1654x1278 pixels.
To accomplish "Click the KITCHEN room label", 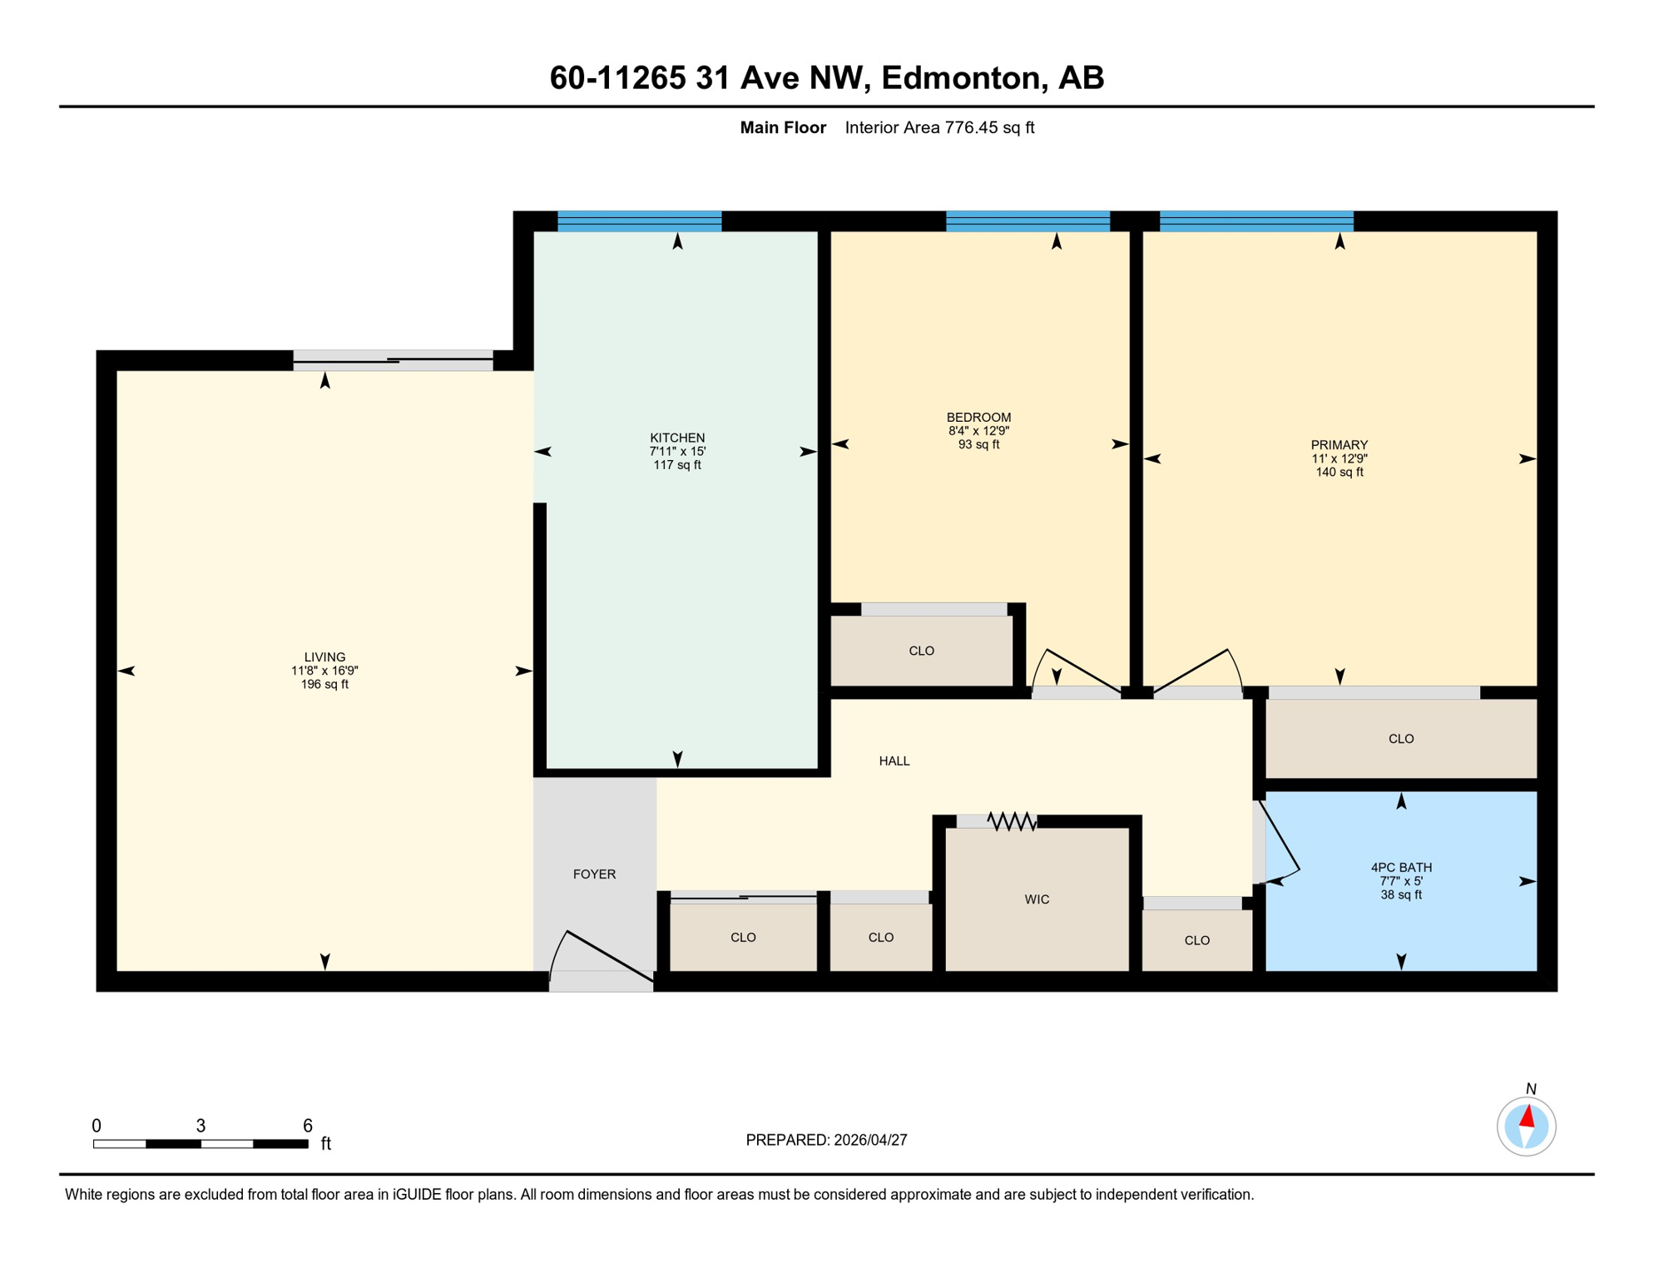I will click(677, 438).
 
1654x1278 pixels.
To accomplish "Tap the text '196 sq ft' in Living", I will click(324, 685).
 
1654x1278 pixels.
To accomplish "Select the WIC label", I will click(1037, 899).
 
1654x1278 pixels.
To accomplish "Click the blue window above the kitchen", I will click(639, 220).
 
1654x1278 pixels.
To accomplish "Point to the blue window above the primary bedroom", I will click(1256, 220).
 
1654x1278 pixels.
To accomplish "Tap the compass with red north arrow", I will click(1526, 1127).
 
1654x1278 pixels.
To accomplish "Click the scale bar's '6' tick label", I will click(307, 1126).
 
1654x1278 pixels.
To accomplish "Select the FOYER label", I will click(594, 874).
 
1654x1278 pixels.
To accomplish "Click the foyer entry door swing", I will click(601, 957).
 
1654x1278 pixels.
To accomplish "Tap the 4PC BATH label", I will click(1401, 868).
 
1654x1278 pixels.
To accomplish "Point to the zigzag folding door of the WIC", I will click(1012, 822).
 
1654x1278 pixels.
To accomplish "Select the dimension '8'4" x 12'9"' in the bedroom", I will click(978, 431).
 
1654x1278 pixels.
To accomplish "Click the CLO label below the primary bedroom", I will click(1401, 739).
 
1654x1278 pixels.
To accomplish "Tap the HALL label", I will click(894, 761).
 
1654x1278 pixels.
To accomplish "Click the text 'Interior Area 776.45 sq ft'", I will click(939, 127).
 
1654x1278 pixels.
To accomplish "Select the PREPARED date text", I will click(826, 1140).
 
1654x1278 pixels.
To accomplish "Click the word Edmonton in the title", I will click(961, 77).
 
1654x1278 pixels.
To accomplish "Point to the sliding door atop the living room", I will click(393, 360).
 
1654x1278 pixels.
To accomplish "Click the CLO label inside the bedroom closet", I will click(921, 651).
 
